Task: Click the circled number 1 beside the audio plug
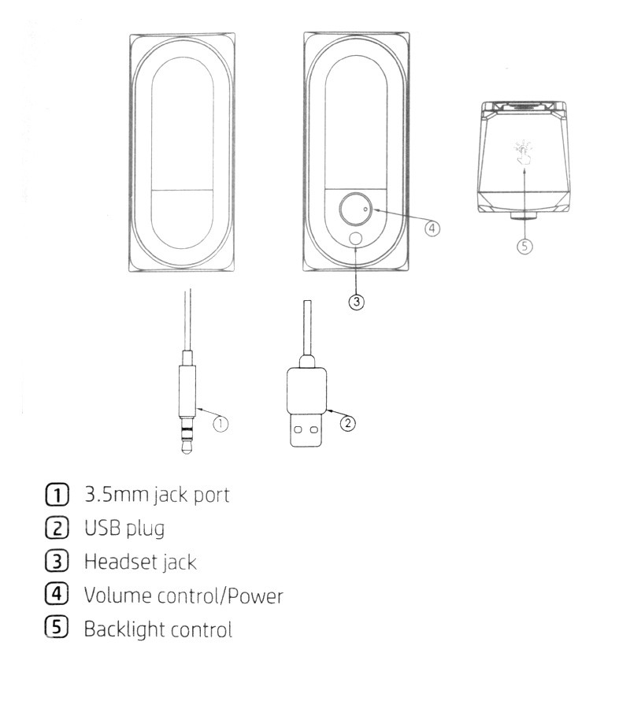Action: click(220, 424)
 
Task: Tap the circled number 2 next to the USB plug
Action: click(347, 423)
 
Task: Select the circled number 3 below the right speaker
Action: click(357, 302)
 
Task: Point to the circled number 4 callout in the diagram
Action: click(432, 228)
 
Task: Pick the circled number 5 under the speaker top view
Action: click(524, 247)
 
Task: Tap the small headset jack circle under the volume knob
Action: click(356, 239)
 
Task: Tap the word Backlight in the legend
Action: click(120, 629)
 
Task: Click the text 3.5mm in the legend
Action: click(116, 495)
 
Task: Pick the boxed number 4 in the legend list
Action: click(57, 594)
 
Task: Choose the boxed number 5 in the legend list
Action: click(57, 627)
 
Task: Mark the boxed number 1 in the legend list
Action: click(57, 494)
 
